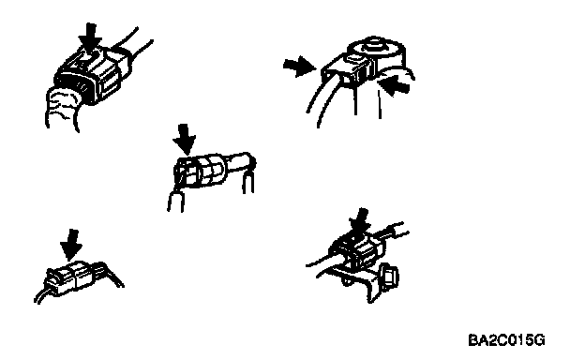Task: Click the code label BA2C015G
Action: pyautogui.click(x=507, y=340)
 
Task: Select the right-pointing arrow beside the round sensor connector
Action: pyautogui.click(x=299, y=66)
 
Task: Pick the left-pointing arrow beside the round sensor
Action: pyautogui.click(x=395, y=85)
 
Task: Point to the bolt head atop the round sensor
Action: pyautogui.click(x=374, y=44)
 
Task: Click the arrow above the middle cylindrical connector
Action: pyautogui.click(x=185, y=139)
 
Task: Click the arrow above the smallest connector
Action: pyautogui.click(x=71, y=245)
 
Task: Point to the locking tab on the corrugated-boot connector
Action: pyautogui.click(x=87, y=58)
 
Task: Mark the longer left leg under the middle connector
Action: pyautogui.click(x=175, y=201)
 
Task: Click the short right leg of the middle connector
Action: pyautogui.click(x=248, y=182)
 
